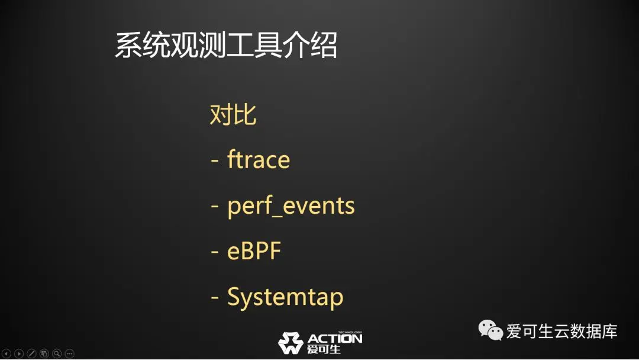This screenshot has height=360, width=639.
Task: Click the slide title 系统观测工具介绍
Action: pyautogui.click(x=226, y=44)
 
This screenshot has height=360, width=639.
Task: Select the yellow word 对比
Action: pyautogui.click(x=233, y=114)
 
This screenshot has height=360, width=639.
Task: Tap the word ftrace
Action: pyautogui.click(x=259, y=159)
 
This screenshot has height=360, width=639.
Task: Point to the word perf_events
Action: pyautogui.click(x=291, y=205)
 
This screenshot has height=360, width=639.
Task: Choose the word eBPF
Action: pyautogui.click(x=254, y=250)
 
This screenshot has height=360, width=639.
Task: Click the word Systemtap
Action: pyautogui.click(x=285, y=297)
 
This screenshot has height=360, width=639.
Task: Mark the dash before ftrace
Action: pyautogui.click(x=215, y=160)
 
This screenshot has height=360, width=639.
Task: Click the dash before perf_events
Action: pyautogui.click(x=215, y=207)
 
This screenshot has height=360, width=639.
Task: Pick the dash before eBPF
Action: pyautogui.click(x=215, y=252)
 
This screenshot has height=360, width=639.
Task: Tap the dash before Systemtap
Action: pyautogui.click(x=215, y=298)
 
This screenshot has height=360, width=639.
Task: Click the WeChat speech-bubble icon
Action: pyautogui.click(x=490, y=330)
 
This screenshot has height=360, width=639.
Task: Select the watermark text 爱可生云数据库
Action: pyautogui.click(x=561, y=331)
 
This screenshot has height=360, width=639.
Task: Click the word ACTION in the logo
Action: pyautogui.click(x=334, y=339)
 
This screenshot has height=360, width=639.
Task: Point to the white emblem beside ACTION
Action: pyautogui.click(x=291, y=342)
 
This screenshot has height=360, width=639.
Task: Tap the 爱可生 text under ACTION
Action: pyautogui.click(x=324, y=349)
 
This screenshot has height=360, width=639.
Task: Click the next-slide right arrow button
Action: pyautogui.click(x=19, y=353)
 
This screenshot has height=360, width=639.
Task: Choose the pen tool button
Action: pyautogui.click(x=31, y=353)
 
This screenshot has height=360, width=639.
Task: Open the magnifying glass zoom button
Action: pyautogui.click(x=57, y=353)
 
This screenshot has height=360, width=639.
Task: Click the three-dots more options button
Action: pyautogui.click(x=69, y=353)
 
